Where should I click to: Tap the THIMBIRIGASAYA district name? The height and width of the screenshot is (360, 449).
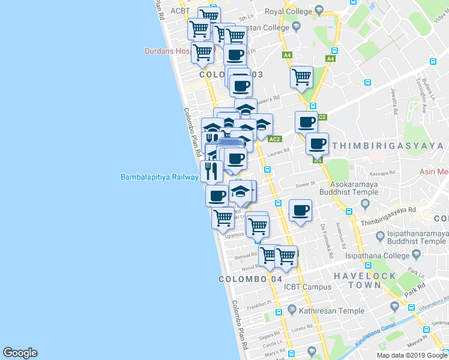pos(388,146)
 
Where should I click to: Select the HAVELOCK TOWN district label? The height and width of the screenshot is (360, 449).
pos(365,281)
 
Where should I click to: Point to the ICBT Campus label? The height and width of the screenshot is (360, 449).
pos(309,287)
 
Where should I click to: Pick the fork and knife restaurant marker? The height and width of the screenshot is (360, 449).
pos(211,170)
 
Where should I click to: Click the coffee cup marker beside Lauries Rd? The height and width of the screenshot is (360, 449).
pos(317,144)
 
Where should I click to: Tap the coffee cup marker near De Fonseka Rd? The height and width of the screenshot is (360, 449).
pos(300,211)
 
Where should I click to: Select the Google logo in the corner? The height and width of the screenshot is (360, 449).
pos(20,353)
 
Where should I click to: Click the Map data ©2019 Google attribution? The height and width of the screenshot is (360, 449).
pos(412,355)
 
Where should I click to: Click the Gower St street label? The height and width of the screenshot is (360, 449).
pos(305,185)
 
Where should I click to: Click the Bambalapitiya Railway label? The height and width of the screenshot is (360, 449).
pos(159,177)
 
